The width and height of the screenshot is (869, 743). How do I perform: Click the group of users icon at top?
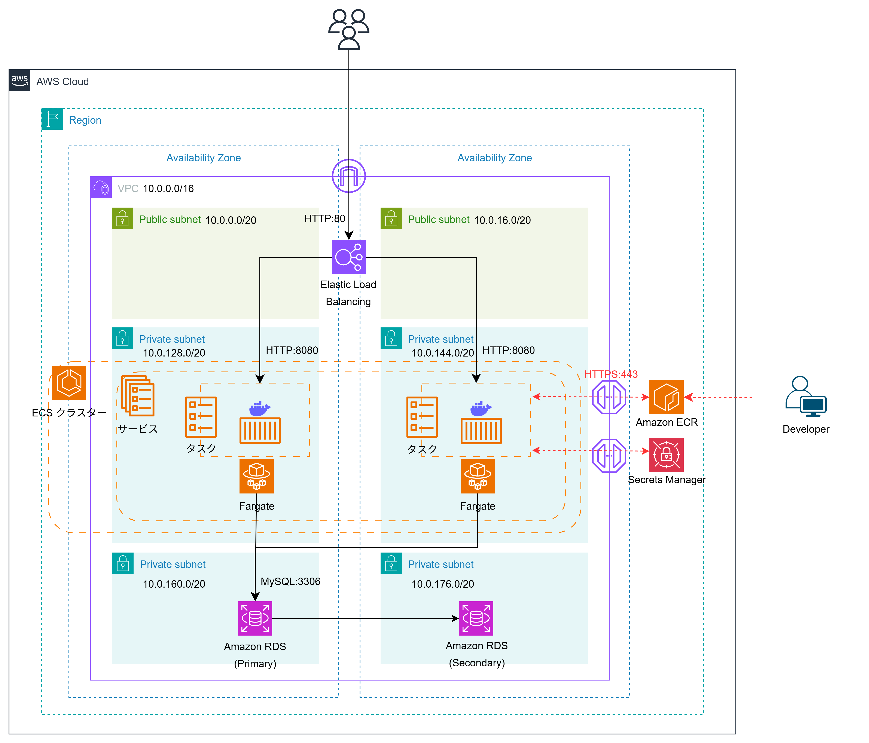(348, 29)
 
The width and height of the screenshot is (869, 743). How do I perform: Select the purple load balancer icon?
(348, 257)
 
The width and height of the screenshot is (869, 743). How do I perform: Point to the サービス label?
(138, 428)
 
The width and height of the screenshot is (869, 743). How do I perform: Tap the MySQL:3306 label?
(290, 582)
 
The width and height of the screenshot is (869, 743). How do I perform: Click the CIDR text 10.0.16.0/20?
(502, 220)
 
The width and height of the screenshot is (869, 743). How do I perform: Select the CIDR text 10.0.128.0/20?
(174, 353)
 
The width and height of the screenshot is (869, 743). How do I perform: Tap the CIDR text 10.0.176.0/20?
(443, 584)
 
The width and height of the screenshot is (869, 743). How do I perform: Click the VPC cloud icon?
(101, 187)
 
